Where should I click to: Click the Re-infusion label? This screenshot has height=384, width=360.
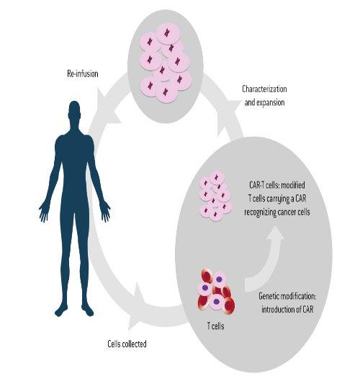83,73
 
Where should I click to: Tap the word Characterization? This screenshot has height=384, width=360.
264,89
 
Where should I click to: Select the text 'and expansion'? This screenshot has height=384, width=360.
264,102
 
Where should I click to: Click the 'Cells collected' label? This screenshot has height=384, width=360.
127,344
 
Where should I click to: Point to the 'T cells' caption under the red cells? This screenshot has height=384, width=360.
215,326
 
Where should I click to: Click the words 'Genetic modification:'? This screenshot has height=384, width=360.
287,296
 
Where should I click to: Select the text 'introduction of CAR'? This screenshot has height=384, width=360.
287,309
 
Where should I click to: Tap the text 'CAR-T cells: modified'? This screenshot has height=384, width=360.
277,184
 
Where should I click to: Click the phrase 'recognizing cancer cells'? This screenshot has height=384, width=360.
277,212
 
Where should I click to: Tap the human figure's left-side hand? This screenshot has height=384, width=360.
44,212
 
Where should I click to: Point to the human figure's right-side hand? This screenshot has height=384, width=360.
105,212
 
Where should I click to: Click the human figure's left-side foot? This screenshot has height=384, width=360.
61,311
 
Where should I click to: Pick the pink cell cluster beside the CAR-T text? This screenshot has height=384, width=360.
215,196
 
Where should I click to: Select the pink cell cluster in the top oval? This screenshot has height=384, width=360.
166,63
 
